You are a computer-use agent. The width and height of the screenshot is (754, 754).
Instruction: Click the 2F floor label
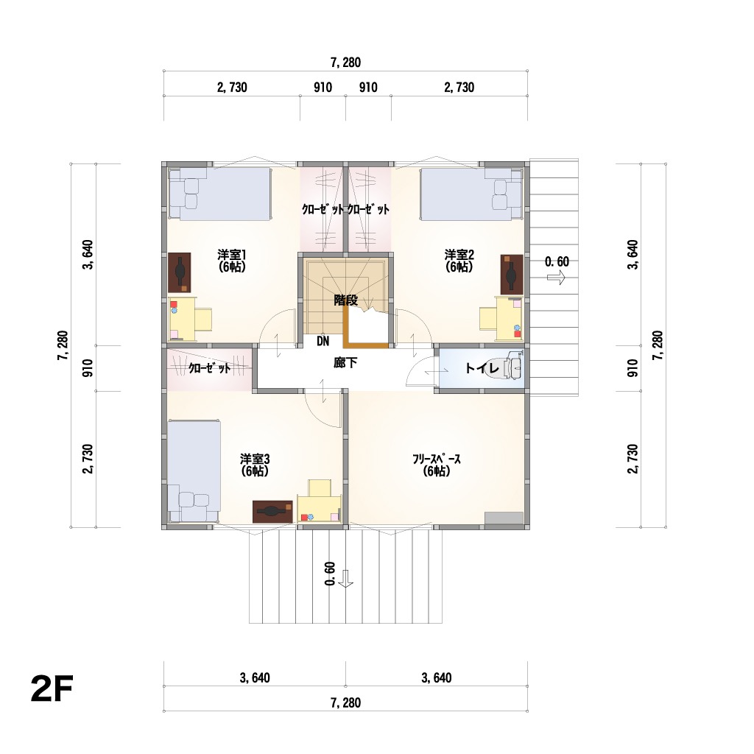click(x=52, y=688)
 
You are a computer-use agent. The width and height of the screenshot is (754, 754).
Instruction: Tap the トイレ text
click(x=482, y=368)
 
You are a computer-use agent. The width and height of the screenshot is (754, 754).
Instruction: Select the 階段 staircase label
click(x=346, y=300)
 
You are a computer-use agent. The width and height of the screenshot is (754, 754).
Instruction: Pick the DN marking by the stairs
click(x=323, y=341)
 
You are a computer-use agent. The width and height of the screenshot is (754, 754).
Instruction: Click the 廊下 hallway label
click(x=345, y=362)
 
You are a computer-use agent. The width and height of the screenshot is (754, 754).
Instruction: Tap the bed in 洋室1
click(x=220, y=194)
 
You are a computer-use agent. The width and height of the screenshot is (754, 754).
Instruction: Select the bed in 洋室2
click(x=471, y=194)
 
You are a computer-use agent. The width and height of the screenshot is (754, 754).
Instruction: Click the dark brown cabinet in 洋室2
click(x=512, y=274)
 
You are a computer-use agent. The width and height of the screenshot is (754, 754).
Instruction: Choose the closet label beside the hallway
click(x=209, y=368)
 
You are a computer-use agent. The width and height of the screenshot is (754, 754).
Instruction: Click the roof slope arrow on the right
click(x=557, y=278)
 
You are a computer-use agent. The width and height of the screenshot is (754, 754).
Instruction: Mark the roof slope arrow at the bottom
click(x=345, y=579)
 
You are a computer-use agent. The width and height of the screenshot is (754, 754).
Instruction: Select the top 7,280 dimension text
click(x=345, y=63)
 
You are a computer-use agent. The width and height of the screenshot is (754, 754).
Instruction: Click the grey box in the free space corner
click(x=504, y=518)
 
